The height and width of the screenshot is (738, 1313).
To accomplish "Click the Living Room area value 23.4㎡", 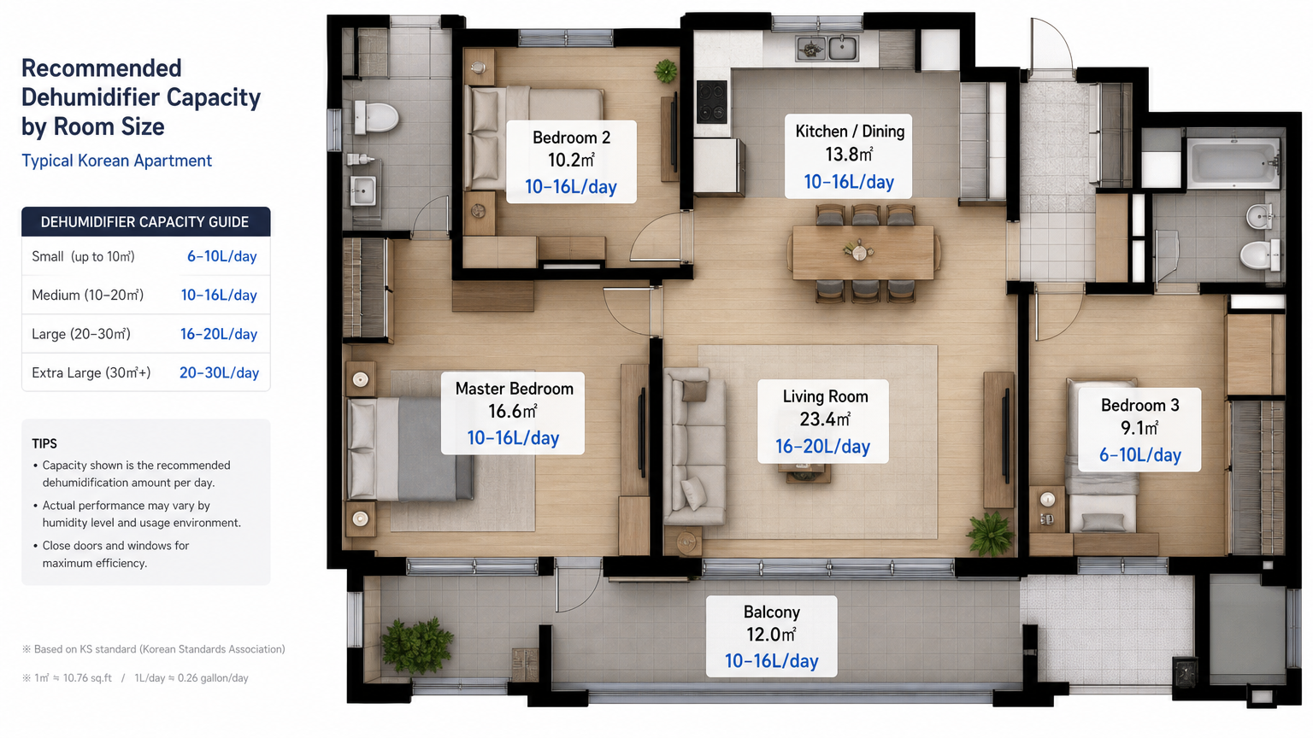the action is [x=825, y=419].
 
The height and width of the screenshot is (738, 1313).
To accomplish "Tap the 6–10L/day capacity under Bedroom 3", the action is [x=1139, y=455].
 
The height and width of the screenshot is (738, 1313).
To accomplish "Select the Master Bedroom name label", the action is [x=514, y=389].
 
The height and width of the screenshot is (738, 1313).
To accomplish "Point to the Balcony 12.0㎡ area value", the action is [x=771, y=635].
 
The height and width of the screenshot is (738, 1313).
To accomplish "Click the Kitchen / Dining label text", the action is [x=850, y=132].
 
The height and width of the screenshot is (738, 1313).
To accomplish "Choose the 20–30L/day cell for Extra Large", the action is [x=219, y=372].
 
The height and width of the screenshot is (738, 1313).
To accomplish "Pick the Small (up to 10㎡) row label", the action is [x=83, y=256].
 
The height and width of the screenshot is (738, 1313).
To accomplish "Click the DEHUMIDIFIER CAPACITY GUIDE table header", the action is [x=144, y=222].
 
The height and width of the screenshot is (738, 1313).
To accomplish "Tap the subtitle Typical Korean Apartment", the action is [x=116, y=161].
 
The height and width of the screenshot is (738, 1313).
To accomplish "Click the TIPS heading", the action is [x=44, y=443].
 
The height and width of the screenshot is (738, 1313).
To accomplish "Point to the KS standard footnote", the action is [x=154, y=649].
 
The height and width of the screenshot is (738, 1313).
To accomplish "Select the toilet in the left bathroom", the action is [x=376, y=116].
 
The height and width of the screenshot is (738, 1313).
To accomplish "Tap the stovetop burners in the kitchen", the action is [x=711, y=102].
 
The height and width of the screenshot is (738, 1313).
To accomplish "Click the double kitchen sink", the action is [x=827, y=49].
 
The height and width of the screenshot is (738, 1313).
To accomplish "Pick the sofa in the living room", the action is [x=695, y=447].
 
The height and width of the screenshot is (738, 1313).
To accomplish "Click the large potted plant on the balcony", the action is [x=417, y=645].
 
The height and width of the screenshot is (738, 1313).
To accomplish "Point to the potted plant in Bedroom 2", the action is [x=665, y=72].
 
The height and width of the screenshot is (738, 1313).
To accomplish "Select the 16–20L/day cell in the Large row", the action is [x=219, y=334].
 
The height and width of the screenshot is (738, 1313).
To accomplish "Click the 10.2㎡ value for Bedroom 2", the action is [x=571, y=160].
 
